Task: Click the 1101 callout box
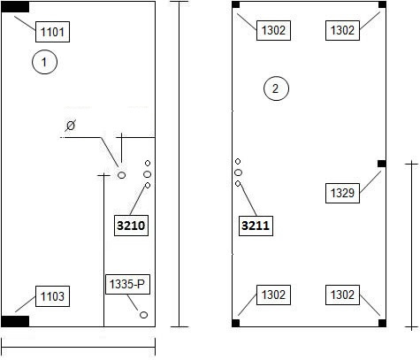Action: coord(52,32)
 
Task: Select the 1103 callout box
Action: coord(52,296)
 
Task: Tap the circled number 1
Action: coord(44,62)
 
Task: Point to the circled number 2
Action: coord(276,88)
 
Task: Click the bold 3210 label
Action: coord(131,226)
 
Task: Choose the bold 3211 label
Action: coord(256,226)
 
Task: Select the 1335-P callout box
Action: coord(127,284)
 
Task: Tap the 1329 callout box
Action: coord(342,193)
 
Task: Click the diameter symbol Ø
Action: coord(71,126)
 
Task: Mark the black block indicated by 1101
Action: coord(15,7)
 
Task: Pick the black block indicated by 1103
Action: coord(15,321)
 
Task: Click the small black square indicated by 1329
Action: coord(382,164)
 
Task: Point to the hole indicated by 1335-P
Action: coord(143,315)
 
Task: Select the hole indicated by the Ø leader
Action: coord(121,175)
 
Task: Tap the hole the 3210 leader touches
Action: coord(148,185)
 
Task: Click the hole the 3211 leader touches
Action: coord(238,184)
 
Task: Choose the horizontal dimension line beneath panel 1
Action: coord(79,347)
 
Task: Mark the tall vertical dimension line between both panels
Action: coord(179,165)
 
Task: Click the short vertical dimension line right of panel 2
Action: coord(411,245)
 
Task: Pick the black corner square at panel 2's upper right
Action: coord(382,4)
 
